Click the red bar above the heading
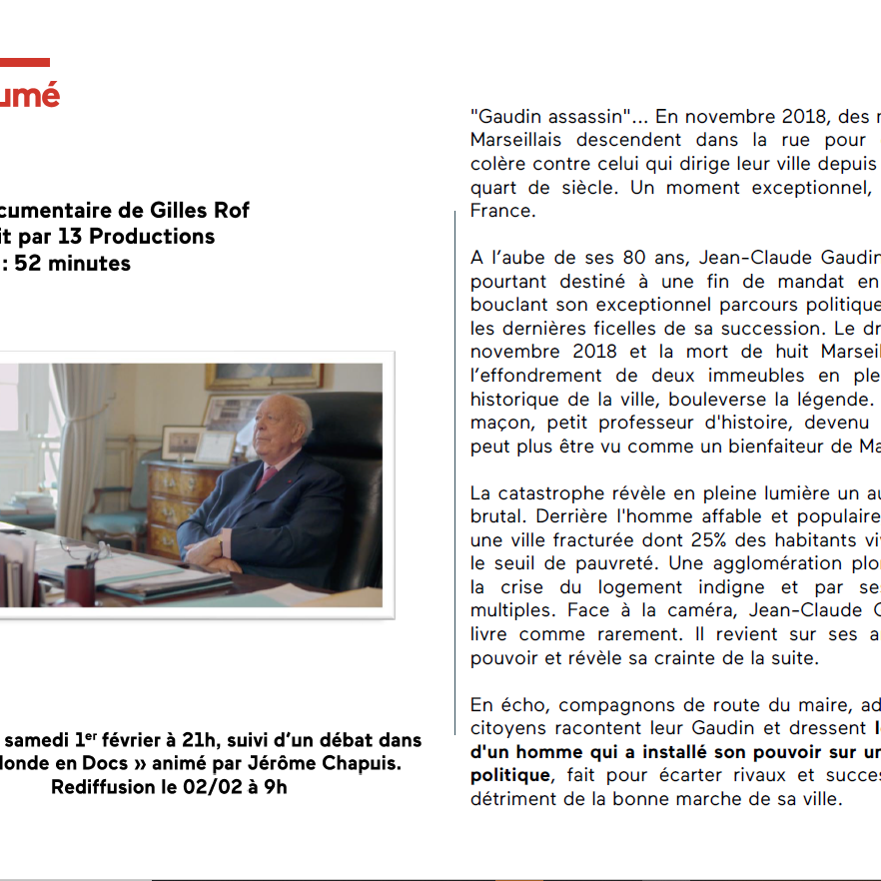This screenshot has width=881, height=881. [x=24, y=62]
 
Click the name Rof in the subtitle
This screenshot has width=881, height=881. [x=231, y=210]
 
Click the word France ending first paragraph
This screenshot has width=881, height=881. [x=503, y=212]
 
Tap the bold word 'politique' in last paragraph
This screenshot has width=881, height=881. [x=509, y=775]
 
